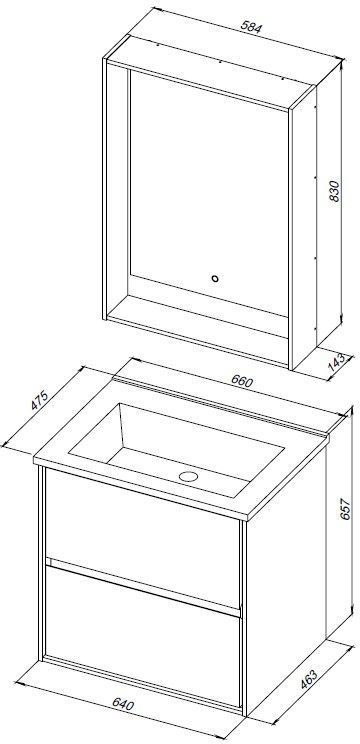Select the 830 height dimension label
tap(335, 191)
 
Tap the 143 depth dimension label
tap(337, 363)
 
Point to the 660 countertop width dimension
tap(243, 381)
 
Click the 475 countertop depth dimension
tap(39, 400)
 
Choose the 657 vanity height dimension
tap(345, 509)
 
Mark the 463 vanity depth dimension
tap(309, 680)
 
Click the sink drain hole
tap(188, 476)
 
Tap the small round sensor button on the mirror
tap(215, 279)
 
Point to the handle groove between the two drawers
tap(142, 586)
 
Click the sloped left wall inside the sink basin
tap(97, 429)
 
